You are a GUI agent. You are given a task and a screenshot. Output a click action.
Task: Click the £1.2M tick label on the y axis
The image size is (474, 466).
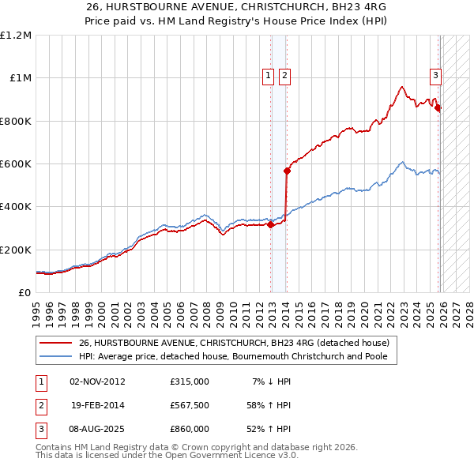coord(16,36)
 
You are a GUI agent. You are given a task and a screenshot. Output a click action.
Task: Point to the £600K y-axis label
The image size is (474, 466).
coord(16,164)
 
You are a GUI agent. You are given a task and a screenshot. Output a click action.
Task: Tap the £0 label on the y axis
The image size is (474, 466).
coord(25,293)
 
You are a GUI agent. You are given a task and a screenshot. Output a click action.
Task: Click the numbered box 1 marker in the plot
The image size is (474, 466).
coord(268,76)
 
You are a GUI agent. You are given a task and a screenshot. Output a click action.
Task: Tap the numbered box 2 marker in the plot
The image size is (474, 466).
coord(284,76)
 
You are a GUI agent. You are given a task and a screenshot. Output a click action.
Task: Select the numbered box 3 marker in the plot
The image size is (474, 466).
coord(435,76)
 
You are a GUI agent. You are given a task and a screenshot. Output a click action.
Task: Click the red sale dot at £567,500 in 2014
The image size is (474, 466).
coord(287,171)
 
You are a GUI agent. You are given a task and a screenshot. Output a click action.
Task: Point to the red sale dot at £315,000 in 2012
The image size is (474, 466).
coord(270,224)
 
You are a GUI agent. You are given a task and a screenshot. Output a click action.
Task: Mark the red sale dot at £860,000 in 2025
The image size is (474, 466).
coord(438,108)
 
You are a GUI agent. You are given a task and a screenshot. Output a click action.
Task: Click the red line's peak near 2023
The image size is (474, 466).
coord(402,87)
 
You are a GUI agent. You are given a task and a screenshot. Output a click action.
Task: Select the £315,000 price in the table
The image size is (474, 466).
coord(190,381)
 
